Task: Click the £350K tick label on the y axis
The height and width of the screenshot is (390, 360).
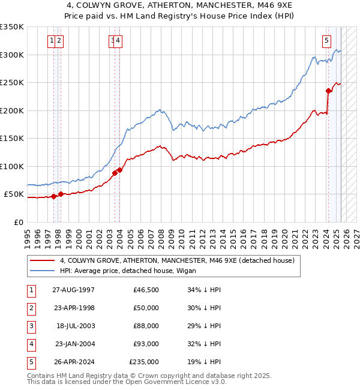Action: point(12,27)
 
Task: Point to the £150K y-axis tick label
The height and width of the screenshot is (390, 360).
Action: point(12,139)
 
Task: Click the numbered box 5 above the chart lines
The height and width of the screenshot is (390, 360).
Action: point(326,41)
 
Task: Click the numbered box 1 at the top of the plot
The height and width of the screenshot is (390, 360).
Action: point(53,41)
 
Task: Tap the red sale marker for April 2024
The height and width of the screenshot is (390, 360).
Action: point(328,91)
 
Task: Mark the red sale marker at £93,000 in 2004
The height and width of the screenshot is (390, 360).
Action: point(120,170)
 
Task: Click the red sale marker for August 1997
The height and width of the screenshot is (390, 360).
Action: point(54,196)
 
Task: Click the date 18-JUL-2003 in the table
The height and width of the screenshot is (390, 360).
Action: point(75,326)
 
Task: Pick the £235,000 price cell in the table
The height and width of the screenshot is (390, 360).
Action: point(144,362)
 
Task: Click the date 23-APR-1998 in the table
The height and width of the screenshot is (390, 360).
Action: point(74,308)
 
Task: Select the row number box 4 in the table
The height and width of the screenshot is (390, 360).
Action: point(30,344)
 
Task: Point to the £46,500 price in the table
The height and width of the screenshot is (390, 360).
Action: point(146,290)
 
